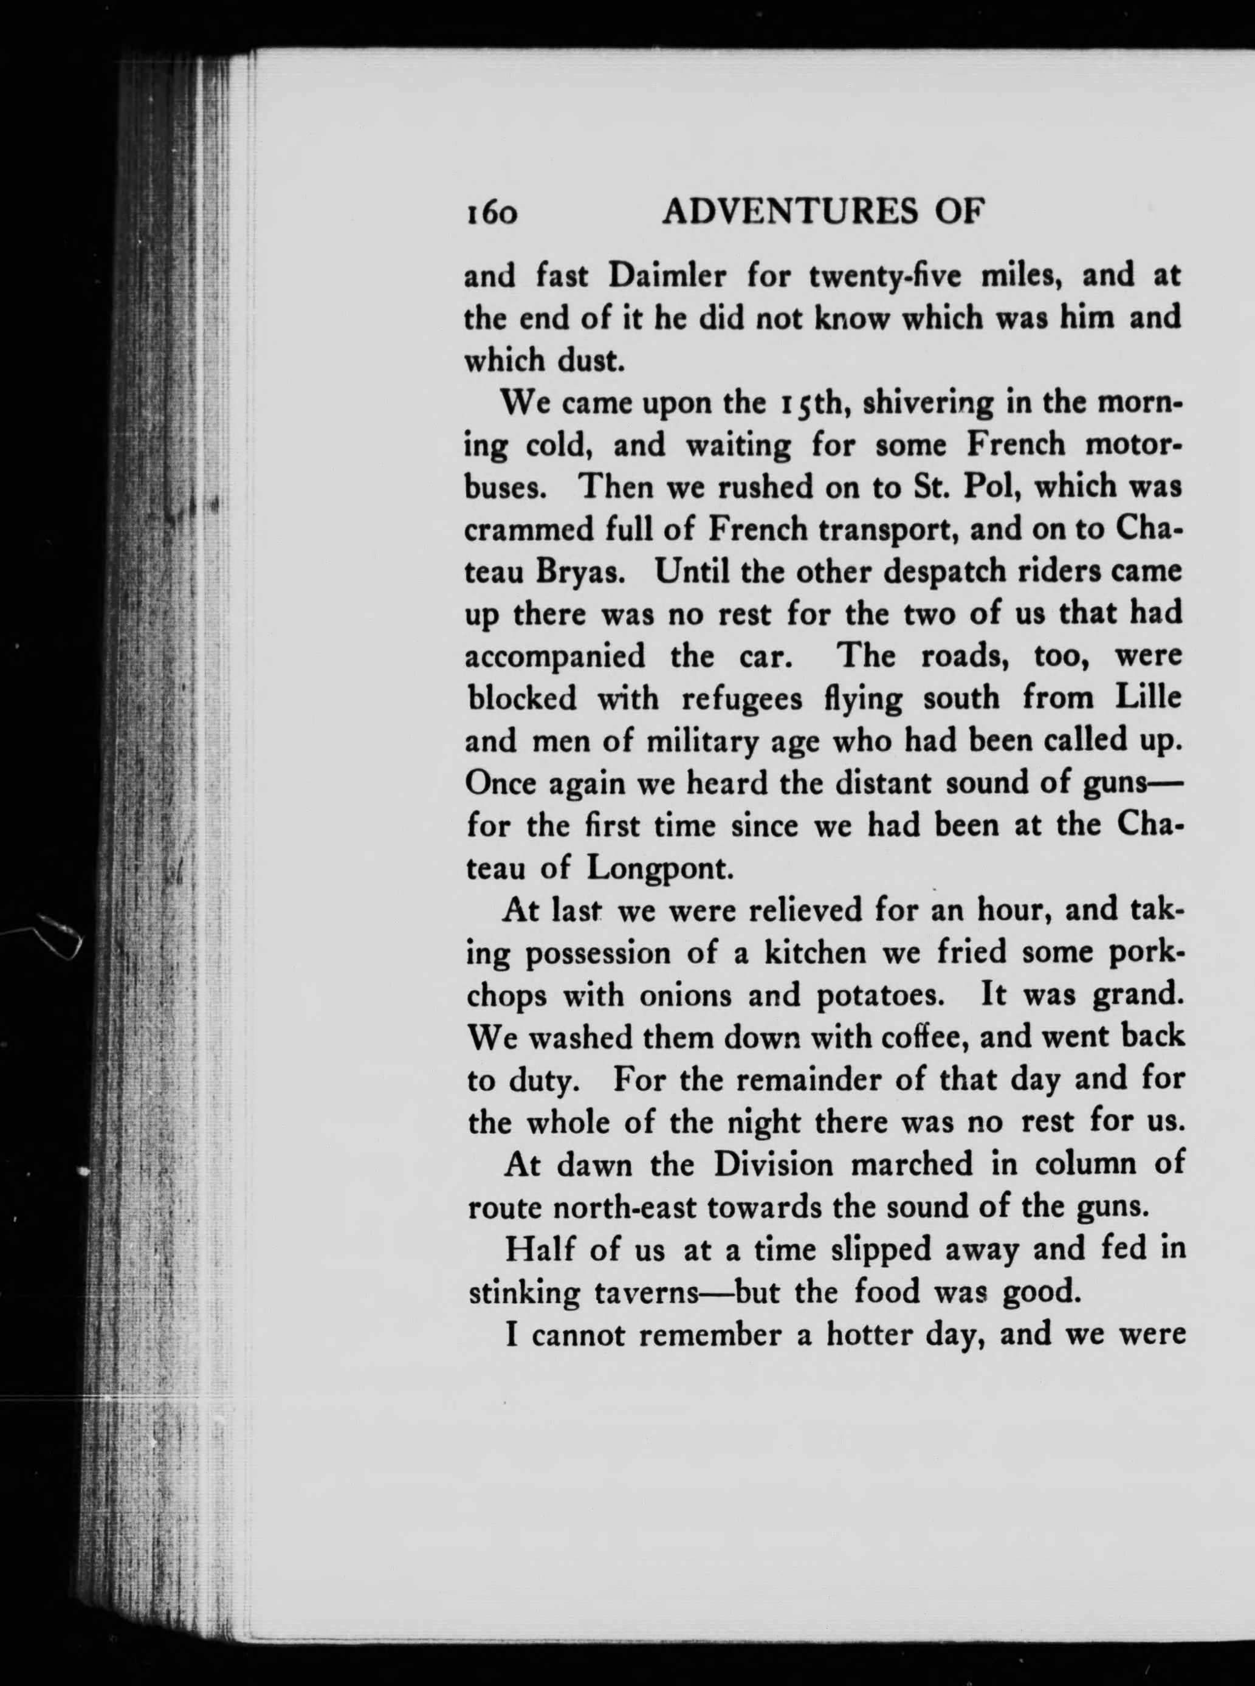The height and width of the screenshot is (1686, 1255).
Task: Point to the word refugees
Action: click(x=741, y=699)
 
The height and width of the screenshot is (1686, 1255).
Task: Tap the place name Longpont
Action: click(x=660, y=869)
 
